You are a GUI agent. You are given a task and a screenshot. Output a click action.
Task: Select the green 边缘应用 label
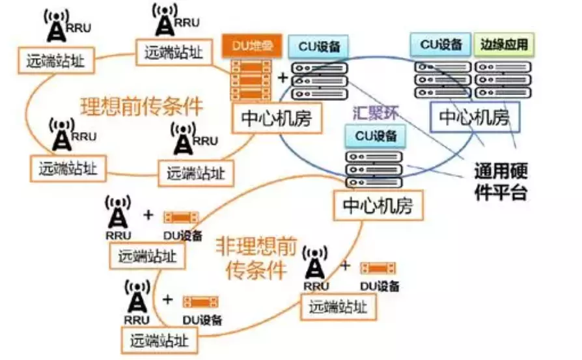click(505, 45)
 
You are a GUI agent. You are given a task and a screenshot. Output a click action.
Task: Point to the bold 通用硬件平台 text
click(501, 182)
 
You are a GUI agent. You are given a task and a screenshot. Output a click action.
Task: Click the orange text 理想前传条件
click(141, 106)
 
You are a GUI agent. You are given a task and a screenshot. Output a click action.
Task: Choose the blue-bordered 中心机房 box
click(473, 118)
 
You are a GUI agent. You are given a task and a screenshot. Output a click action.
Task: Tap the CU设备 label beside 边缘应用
click(441, 45)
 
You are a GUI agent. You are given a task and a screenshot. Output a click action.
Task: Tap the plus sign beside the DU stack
click(283, 77)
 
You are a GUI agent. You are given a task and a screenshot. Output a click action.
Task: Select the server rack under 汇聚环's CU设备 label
click(373, 169)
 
